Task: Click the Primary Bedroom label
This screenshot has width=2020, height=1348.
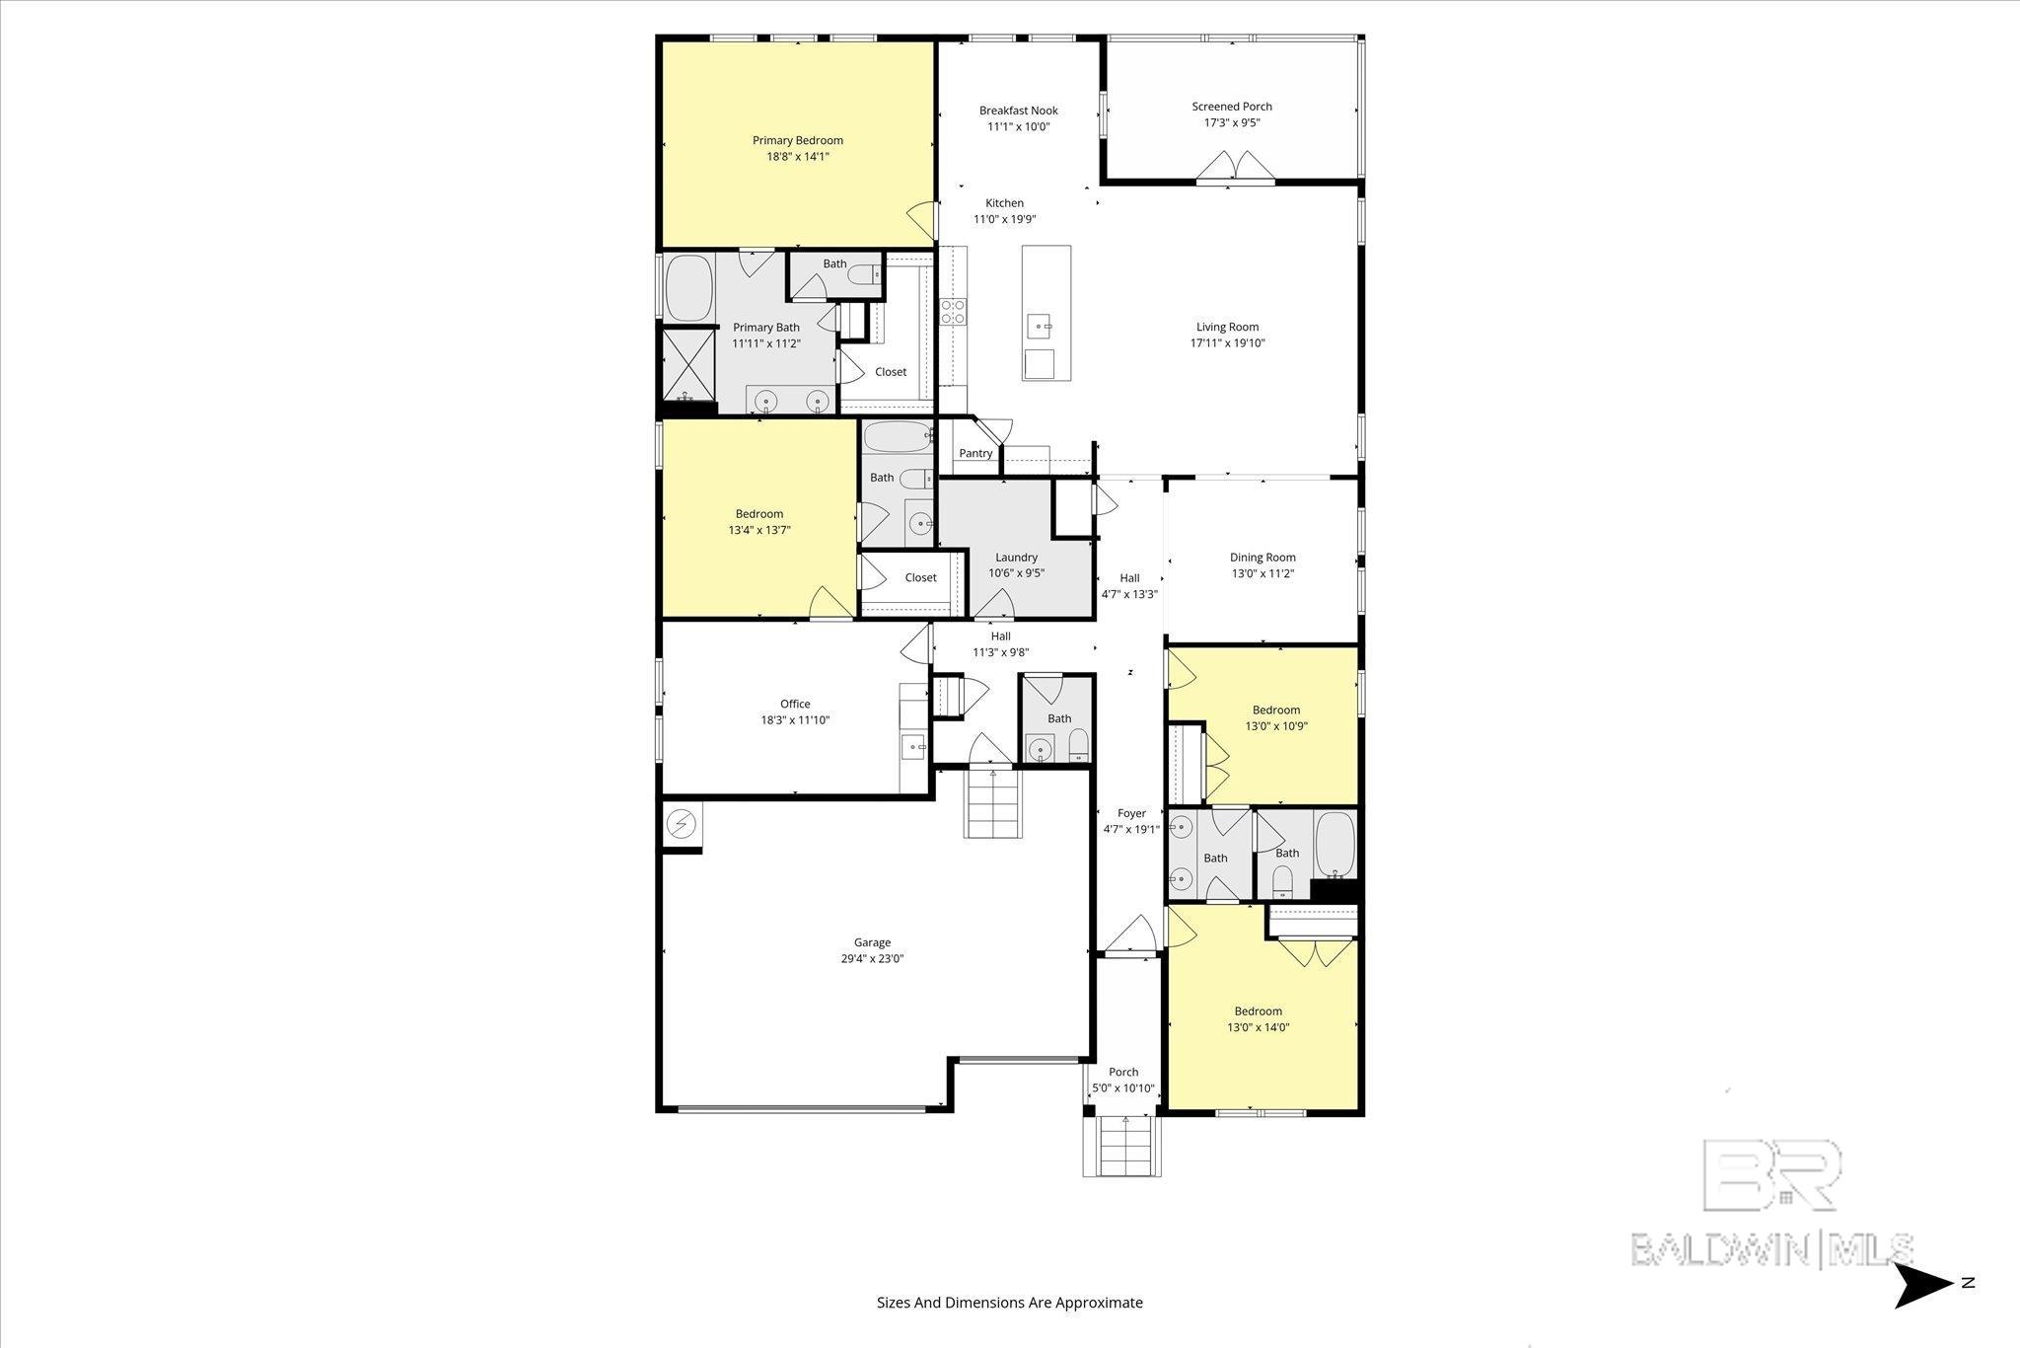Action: (x=797, y=140)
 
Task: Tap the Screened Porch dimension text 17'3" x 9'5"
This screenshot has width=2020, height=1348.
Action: (x=1232, y=123)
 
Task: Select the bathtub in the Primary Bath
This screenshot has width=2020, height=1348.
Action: (x=689, y=288)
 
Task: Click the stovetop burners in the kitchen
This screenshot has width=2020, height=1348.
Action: (x=953, y=312)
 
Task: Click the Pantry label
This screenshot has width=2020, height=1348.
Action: (x=975, y=453)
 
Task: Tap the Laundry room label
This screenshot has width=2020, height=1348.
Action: (x=1016, y=557)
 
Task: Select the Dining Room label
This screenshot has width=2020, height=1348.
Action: (x=1262, y=557)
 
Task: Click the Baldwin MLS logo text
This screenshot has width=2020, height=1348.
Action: (x=1771, y=1248)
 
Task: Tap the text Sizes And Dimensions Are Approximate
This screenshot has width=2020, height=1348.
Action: (x=1009, y=1303)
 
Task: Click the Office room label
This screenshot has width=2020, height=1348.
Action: (x=795, y=704)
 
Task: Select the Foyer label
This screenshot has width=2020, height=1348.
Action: (x=1131, y=813)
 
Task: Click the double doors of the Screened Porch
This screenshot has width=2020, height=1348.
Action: (x=1235, y=168)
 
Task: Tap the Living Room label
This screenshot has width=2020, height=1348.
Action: (x=1227, y=327)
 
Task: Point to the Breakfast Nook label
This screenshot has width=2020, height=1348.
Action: (x=1018, y=111)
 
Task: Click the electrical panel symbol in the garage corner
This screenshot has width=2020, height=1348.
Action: (x=682, y=825)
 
